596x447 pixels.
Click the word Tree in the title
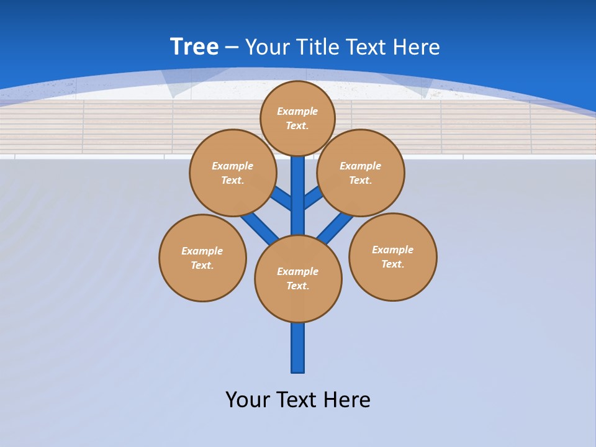pos(194,47)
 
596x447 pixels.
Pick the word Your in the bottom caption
pos(248,399)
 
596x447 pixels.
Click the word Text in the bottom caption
pos(297,399)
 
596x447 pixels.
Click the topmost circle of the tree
pos(297,118)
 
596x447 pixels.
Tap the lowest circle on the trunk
pos(298,279)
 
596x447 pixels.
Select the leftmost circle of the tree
pos(202,258)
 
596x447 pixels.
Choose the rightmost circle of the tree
pos(392,256)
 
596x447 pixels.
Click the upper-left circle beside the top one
pos(233,173)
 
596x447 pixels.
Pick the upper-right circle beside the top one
pos(360,173)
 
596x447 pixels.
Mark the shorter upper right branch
pos(313,199)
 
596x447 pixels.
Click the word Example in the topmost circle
pos(297,111)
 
